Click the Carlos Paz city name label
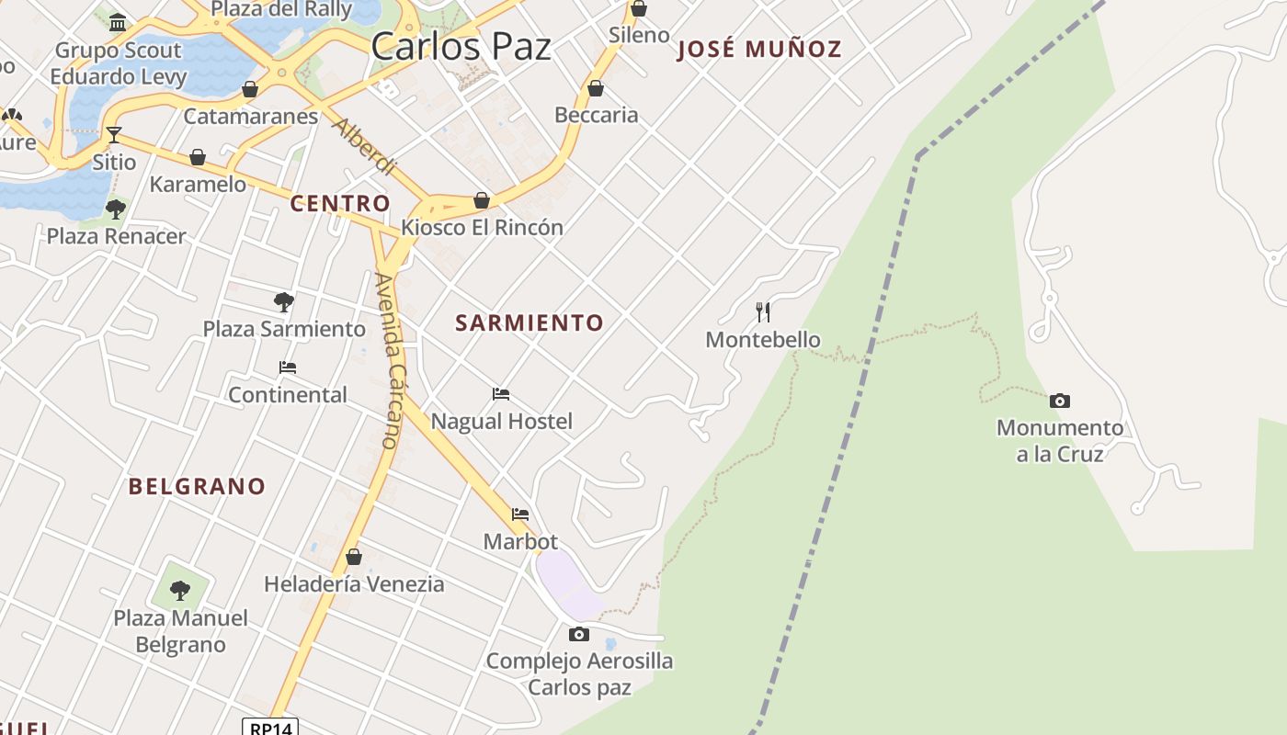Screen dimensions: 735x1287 (461, 46)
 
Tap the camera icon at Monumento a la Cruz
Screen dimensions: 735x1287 (1060, 401)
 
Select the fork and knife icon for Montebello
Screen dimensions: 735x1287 (763, 312)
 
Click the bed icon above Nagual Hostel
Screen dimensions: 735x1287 (501, 394)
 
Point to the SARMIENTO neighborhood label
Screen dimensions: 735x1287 (530, 322)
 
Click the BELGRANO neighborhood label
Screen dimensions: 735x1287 (197, 486)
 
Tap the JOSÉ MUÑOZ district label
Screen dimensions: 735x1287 (759, 49)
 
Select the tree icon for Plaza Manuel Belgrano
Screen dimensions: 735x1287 (180, 590)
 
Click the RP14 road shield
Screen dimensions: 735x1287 (271, 728)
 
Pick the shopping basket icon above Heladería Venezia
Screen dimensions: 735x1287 (354, 557)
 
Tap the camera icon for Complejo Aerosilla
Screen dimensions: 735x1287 (579, 634)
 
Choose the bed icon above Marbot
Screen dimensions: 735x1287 (520, 514)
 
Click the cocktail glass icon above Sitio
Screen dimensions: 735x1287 (114, 135)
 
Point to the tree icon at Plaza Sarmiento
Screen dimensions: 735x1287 (284, 301)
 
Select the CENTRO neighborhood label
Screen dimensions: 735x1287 (340, 203)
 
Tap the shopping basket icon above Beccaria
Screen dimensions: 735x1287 (596, 88)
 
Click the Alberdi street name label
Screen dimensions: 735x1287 (364, 147)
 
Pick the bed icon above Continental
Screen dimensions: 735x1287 (288, 367)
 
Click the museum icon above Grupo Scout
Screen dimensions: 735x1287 (118, 22)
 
